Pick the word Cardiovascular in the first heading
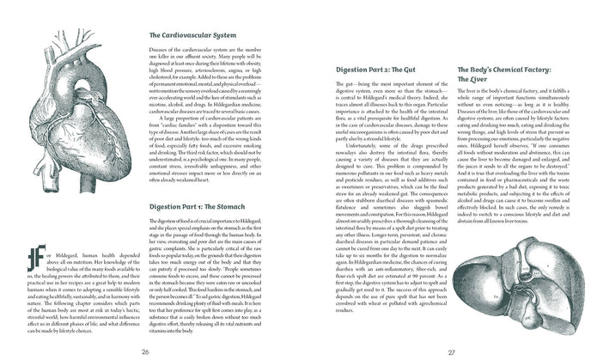182,35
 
